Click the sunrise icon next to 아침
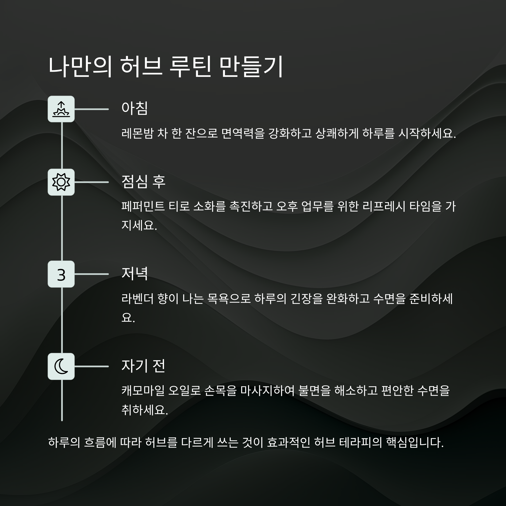coord(61,109)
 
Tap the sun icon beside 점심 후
coord(61,182)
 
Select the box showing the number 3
coord(61,274)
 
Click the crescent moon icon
coord(61,366)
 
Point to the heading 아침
coord(135,108)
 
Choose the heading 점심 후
coord(143,182)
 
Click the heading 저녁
coord(135,274)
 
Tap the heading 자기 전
coord(143,366)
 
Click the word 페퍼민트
coord(143,206)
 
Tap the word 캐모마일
coord(143,390)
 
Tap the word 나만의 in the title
coord(80,67)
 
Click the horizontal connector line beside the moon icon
coord(92,366)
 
